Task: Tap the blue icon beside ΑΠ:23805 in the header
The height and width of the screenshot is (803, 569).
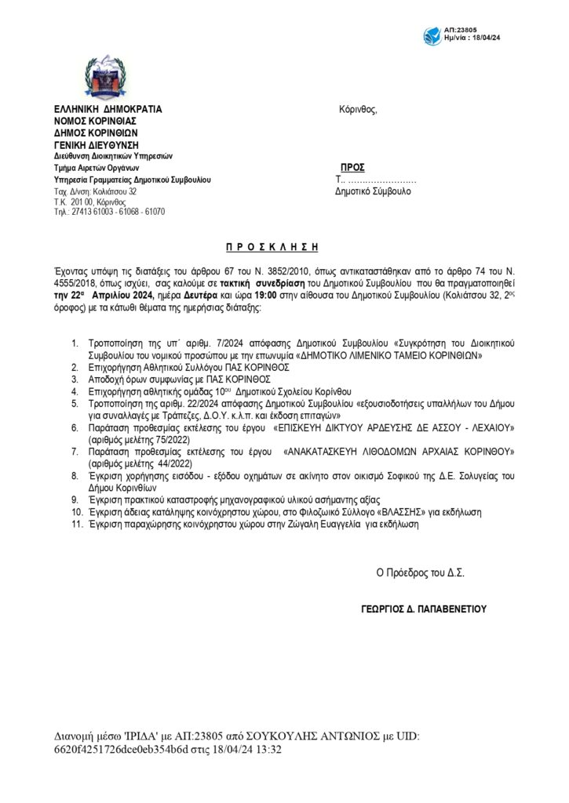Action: click(432, 36)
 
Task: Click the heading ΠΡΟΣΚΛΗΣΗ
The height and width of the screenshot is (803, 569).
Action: click(272, 247)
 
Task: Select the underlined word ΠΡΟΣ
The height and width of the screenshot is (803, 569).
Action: click(352, 168)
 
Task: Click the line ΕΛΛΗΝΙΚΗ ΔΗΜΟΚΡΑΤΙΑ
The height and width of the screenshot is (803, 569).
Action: click(108, 109)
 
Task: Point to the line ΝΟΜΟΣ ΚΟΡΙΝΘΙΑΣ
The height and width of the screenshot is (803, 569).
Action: click(95, 121)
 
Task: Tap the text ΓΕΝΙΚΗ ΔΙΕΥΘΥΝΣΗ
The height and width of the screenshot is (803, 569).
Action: click(96, 144)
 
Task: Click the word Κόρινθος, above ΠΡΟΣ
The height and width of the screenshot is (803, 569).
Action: click(358, 109)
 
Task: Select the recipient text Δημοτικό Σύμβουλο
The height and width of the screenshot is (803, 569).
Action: click(373, 191)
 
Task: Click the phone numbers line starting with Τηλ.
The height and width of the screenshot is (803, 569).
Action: click(109, 212)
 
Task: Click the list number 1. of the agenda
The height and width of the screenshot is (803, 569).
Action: click(75, 343)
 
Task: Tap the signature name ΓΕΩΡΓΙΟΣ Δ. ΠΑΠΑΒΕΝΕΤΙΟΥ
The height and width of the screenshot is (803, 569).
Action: click(424, 608)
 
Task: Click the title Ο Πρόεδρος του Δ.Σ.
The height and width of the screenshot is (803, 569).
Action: click(420, 572)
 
